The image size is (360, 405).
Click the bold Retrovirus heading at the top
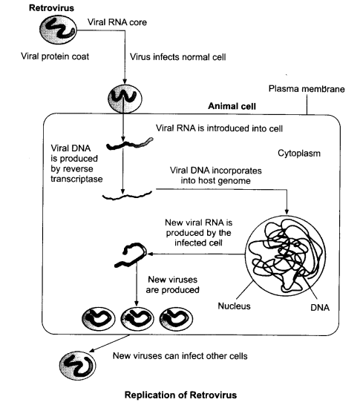pyautogui.click(x=51, y=7)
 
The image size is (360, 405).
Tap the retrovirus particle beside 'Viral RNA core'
pyautogui.click(x=58, y=30)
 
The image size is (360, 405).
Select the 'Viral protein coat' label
pyautogui.click(x=55, y=56)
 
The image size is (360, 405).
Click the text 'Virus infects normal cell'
pyautogui.click(x=178, y=57)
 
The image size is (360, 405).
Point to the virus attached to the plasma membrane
pyautogui.click(x=125, y=99)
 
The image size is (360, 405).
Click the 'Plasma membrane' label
pyautogui.click(x=307, y=89)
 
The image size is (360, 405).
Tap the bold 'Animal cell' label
pyautogui.click(x=232, y=106)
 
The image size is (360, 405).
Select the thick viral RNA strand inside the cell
pyautogui.click(x=130, y=144)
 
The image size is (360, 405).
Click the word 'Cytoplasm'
pyautogui.click(x=299, y=153)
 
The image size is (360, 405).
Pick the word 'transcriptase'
pyautogui.click(x=76, y=179)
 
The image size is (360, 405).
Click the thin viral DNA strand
pyautogui.click(x=127, y=196)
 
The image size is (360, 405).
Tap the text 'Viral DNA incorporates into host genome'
pyautogui.click(x=216, y=175)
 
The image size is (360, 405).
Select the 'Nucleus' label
pyautogui.click(x=234, y=306)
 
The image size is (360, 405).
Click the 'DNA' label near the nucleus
pyautogui.click(x=320, y=307)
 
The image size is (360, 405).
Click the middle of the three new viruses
pyautogui.click(x=137, y=318)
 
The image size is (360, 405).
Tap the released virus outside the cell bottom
pyautogui.click(x=77, y=366)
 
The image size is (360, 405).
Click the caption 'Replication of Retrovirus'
pyautogui.click(x=180, y=395)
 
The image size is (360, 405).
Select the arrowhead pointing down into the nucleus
pyautogui.click(x=287, y=212)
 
